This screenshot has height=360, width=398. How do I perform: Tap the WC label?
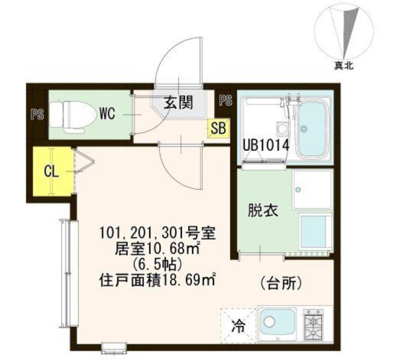tap(107, 114)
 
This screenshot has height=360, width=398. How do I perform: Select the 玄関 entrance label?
tap(178, 102)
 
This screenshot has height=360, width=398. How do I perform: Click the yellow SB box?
tap(218, 128)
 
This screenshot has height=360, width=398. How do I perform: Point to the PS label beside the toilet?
tap(37, 114)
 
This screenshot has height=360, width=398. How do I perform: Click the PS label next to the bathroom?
tap(226, 100)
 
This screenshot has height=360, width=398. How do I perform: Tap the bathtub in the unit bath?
tap(313, 128)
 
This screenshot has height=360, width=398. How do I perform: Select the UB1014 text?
tap(266, 146)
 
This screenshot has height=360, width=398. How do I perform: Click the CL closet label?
tap(51, 172)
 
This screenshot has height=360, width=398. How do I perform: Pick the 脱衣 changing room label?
tap(263, 211)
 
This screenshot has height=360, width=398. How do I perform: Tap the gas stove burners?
tap(313, 324)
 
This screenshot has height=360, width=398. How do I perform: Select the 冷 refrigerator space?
tap(238, 326)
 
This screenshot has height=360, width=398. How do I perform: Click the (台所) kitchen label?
tap(281, 283)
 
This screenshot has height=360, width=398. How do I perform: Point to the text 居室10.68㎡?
tap(157, 248)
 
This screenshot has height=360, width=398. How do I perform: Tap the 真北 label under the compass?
tap(343, 66)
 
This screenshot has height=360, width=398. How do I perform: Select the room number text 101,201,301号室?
tap(158, 233)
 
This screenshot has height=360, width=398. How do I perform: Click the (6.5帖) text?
tap(157, 265)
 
